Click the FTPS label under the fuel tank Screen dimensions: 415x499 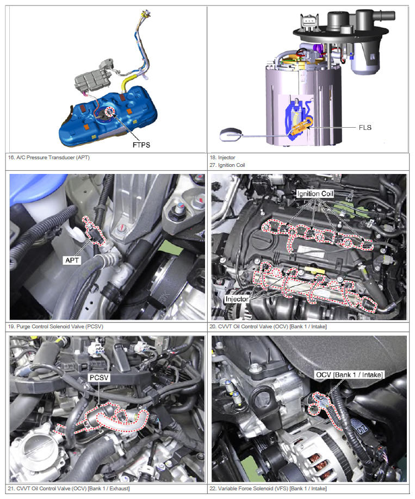tap(141, 145)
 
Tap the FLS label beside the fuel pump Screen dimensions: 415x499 tap(365, 128)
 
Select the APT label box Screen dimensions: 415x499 tap(72, 260)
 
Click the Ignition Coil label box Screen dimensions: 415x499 tap(315, 194)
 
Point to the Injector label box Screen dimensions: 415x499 tap(237, 299)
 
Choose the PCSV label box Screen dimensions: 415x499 tap(99, 378)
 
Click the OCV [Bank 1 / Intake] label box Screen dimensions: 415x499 tap(349, 375)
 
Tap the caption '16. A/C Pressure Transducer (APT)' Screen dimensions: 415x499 tap(49, 158)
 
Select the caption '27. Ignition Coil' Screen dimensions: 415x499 tap(227, 165)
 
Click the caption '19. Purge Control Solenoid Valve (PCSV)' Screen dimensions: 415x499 tap(55, 327)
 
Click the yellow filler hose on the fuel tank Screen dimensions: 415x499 tap(126, 83)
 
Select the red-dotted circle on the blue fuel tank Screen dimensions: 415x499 tap(110, 111)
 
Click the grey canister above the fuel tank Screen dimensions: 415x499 tap(93, 77)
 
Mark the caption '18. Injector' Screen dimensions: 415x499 tap(222, 158)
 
